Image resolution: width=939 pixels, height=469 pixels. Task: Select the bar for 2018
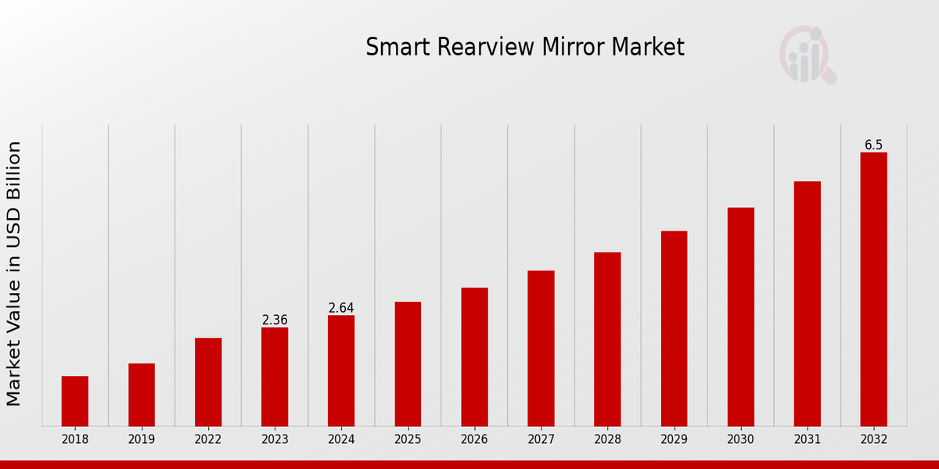75,401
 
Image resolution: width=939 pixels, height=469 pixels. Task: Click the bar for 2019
142,395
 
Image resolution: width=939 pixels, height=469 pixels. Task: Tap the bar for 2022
208,381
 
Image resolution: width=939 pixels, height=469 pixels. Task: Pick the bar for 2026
474,356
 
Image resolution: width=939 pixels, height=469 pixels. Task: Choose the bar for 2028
607,338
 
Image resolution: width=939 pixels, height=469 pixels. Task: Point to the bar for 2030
740,317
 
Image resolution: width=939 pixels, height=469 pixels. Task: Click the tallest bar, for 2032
873,289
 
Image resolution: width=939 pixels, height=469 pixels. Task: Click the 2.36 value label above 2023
275,320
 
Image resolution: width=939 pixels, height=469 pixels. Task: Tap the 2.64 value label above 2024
341,308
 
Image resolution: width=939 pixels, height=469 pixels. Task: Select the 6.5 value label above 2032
873,145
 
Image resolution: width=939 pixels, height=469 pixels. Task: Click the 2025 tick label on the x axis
408,440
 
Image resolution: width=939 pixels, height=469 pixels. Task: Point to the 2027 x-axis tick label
541,440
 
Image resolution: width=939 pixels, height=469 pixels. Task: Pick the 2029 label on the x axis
674,440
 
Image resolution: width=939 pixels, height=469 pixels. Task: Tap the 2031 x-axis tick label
807,440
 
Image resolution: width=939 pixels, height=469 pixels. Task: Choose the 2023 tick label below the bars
275,440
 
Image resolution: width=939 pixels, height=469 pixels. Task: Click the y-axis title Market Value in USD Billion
14,274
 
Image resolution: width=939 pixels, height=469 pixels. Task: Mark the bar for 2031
807,303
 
